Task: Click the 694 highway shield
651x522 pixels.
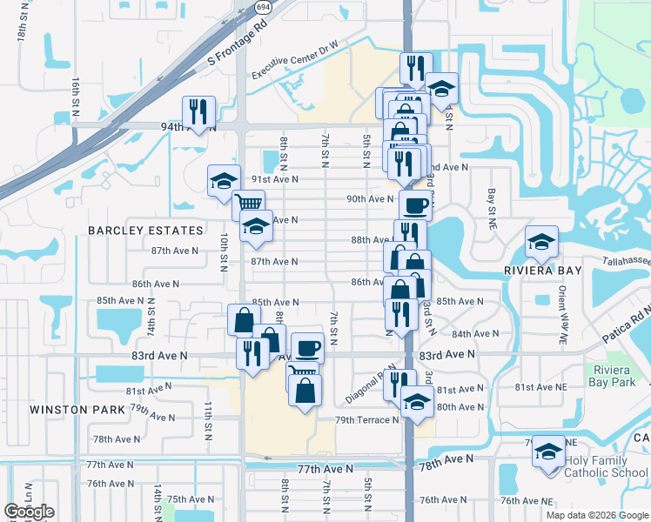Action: [x=262, y=6]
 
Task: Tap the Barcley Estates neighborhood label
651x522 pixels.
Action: [x=145, y=231]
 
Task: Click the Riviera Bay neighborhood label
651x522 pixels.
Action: [x=540, y=271]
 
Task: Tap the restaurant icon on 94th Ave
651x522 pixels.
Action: [x=198, y=111]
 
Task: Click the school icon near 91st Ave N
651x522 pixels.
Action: [x=224, y=181]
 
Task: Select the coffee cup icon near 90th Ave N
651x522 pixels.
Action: [x=415, y=207]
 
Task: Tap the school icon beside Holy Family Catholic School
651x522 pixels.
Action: [x=548, y=452]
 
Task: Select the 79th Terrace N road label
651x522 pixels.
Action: [x=367, y=420]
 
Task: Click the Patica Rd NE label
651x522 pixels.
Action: [x=628, y=325]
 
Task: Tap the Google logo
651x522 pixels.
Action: [x=30, y=512]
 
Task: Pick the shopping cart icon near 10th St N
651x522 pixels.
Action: [x=249, y=204]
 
